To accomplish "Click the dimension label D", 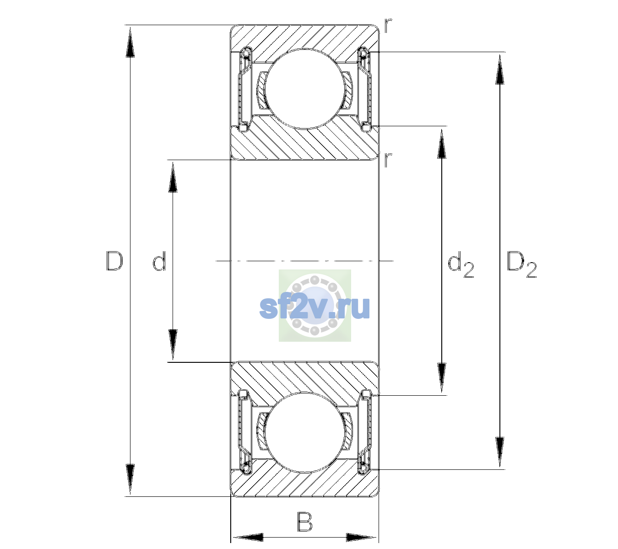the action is [114, 261].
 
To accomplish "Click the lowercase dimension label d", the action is [159, 261].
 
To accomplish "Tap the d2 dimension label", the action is [461, 264].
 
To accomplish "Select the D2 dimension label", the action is [521, 264].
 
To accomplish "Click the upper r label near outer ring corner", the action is [388, 26].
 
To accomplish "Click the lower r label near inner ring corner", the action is [388, 160].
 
